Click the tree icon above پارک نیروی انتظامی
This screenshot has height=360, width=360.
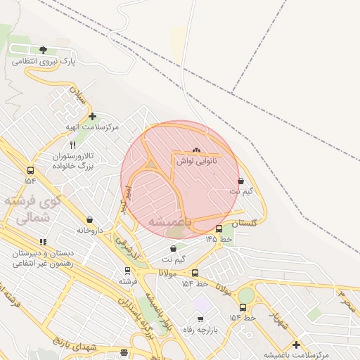click(x=44, y=50)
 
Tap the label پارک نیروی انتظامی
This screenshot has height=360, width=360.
click(x=44, y=62)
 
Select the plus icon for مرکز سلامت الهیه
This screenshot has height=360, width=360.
click(x=92, y=115)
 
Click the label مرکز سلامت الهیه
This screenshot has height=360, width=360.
click(x=92, y=127)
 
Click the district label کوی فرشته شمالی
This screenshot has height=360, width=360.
click(x=32, y=209)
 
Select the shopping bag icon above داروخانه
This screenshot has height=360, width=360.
click(x=89, y=219)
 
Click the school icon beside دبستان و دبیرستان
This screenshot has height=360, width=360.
click(x=43, y=243)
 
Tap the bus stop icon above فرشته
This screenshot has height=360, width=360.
click(x=127, y=271)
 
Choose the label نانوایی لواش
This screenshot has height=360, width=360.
click(x=196, y=161)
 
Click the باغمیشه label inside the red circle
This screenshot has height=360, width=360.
click(x=166, y=221)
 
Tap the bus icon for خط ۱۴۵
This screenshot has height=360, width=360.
click(x=219, y=229)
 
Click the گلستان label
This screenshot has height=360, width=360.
click(x=244, y=222)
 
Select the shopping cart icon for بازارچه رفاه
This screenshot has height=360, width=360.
click(x=200, y=319)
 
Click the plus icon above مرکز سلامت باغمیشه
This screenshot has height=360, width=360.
click(x=296, y=345)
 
